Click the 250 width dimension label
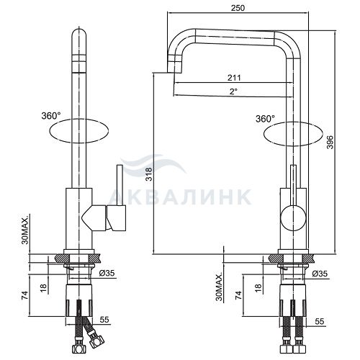coord(238,8)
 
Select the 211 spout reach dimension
coord(234,78)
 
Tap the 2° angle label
coord(233,91)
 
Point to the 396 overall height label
coord(330,142)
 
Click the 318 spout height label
coord(149,174)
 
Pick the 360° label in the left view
coord(51,116)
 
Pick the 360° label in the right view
coord(265,119)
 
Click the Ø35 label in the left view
coord(107,273)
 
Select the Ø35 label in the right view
coord(320,274)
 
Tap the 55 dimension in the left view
coord(104,320)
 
